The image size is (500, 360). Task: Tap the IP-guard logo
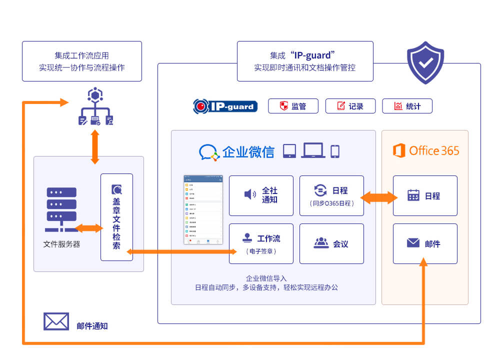[x=225, y=106]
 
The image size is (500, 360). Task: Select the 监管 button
[x=293, y=106]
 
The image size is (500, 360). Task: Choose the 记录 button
[x=350, y=106]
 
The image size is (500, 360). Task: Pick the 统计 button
[x=407, y=106]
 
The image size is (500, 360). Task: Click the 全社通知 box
[x=261, y=195]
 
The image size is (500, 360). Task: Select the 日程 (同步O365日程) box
[x=331, y=195]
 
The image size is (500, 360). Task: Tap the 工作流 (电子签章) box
[x=261, y=243]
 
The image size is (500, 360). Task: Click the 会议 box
[x=331, y=243]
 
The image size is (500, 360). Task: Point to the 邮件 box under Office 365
[x=425, y=243]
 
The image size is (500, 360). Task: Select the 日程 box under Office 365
[x=425, y=195]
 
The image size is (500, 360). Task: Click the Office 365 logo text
[x=426, y=150]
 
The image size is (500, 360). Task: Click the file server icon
[x=61, y=209]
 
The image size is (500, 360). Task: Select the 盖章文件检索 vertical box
[x=116, y=217]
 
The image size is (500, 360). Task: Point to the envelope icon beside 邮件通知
[x=56, y=321]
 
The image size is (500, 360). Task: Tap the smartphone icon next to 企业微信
[x=335, y=151]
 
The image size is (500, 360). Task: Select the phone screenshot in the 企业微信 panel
[x=203, y=210]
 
